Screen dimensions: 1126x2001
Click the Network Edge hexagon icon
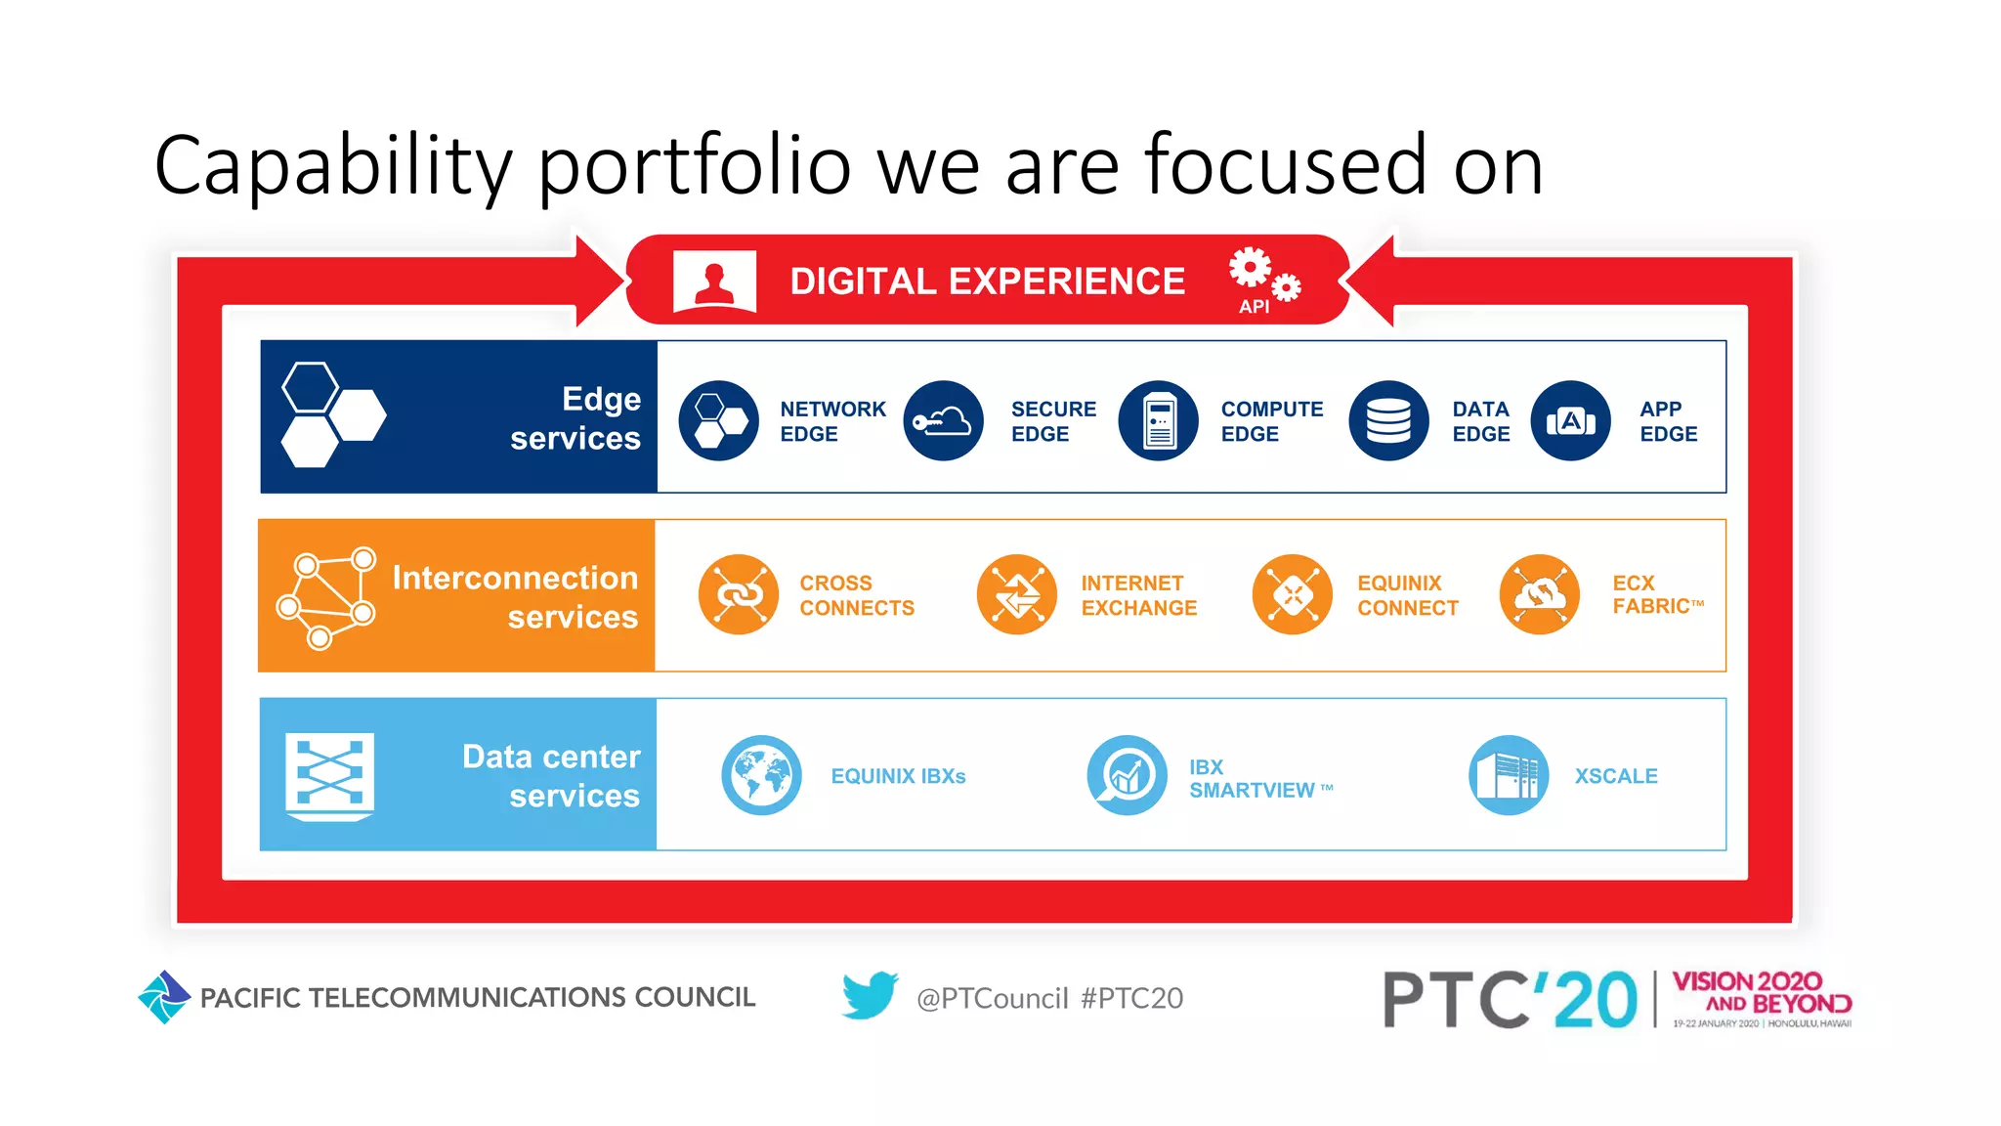718,421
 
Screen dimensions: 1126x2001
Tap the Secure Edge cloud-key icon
943,421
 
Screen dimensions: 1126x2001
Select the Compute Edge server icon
1158,421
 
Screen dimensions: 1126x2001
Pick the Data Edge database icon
1388,421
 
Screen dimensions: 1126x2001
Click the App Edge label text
1668,421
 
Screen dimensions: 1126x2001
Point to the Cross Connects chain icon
739,594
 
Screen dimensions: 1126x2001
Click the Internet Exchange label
1138,595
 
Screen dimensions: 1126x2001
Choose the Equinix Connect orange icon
1292,594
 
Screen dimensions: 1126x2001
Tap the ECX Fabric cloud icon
1539,594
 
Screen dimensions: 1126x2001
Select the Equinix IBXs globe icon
761,775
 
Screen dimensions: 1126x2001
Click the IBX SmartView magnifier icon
1127,775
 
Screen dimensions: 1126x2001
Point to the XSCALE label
1615,776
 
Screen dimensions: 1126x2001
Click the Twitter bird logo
870,995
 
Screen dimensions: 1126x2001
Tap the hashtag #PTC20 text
1131,998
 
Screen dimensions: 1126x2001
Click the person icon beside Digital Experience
714,281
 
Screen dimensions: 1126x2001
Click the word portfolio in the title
695,166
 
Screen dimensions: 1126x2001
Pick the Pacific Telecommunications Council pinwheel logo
163,997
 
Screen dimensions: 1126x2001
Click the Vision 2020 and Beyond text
1761,992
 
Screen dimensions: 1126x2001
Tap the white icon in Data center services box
329,776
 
